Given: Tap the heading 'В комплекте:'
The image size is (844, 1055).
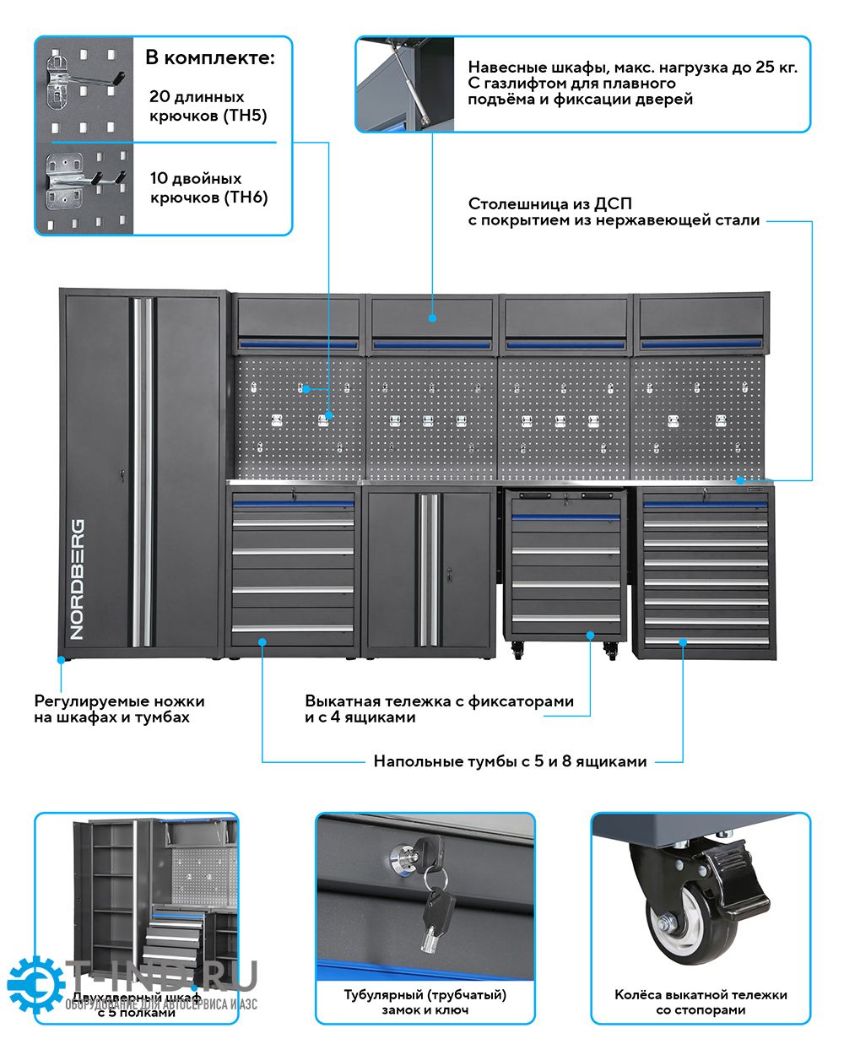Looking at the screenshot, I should click(x=210, y=57).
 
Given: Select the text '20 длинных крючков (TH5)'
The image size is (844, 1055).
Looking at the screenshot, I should click(x=208, y=106).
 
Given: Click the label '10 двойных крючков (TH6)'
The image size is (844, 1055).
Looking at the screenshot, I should click(x=208, y=188).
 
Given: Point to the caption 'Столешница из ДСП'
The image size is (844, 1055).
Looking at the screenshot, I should click(x=549, y=203).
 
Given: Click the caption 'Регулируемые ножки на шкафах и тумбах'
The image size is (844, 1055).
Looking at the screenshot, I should click(x=119, y=709).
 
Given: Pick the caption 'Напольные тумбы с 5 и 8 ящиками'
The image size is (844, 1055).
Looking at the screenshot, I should click(x=510, y=761).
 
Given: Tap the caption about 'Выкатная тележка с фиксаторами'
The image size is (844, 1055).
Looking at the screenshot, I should click(x=439, y=709).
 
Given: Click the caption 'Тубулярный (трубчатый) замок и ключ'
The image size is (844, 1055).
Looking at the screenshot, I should click(x=425, y=1003).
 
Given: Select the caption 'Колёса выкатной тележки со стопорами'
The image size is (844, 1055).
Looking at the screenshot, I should click(x=701, y=1003).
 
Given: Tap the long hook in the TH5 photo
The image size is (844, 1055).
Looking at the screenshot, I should click(x=93, y=79).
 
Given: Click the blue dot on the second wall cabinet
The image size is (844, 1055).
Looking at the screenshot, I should click(x=432, y=318).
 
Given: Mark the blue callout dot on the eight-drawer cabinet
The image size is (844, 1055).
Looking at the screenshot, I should click(x=683, y=642).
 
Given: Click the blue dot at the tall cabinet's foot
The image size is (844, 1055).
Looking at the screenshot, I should click(x=61, y=660).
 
